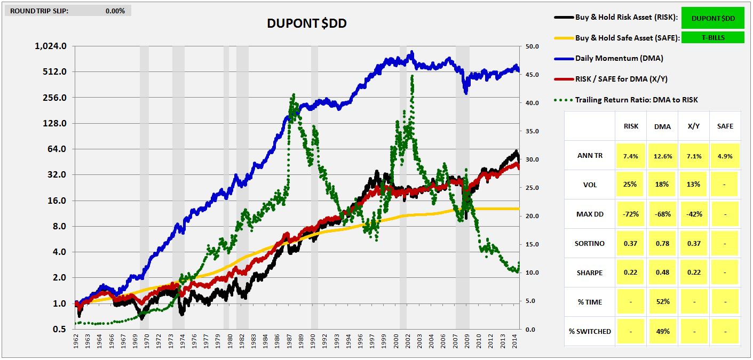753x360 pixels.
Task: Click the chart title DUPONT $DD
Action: coord(307,23)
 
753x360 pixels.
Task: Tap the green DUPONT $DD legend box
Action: coord(713,18)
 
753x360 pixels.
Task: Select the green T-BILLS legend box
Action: coord(713,37)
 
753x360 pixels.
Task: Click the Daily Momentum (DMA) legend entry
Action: coord(619,58)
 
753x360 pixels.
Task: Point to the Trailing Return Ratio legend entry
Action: coord(636,100)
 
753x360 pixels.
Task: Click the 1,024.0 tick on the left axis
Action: coord(51,46)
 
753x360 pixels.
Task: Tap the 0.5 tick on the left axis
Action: coord(58,329)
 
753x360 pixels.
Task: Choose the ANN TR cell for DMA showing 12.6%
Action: coord(662,156)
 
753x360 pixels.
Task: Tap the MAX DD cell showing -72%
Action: coord(631,214)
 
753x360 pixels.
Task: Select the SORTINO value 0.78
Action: coord(662,243)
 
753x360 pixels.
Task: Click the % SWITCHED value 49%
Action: coord(662,331)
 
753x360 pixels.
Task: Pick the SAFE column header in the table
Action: coord(725,126)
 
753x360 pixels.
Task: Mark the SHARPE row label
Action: coord(590,273)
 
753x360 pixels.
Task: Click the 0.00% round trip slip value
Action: coord(115,11)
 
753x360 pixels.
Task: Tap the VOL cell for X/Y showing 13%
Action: coord(694,185)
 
